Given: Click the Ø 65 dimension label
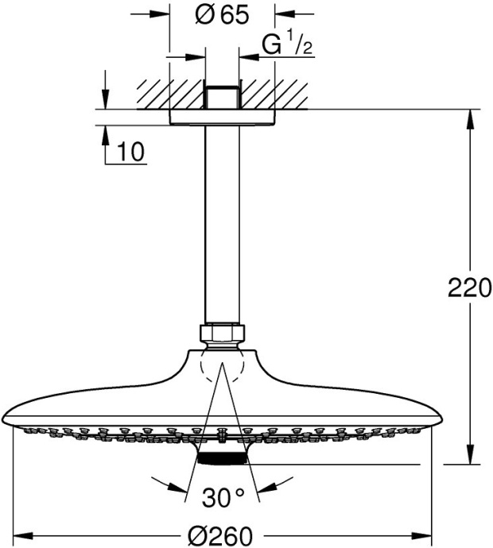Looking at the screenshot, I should click(x=221, y=16).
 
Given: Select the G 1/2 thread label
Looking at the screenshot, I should click(x=288, y=45).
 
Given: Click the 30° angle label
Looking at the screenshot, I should click(x=223, y=498).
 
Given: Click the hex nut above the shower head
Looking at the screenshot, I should click(x=222, y=333).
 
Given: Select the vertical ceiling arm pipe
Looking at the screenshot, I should click(x=222, y=222).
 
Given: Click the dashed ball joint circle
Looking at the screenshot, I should click(x=222, y=366).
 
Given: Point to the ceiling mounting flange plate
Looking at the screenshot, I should click(x=222, y=117).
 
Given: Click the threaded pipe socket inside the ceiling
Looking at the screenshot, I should click(x=222, y=95).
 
